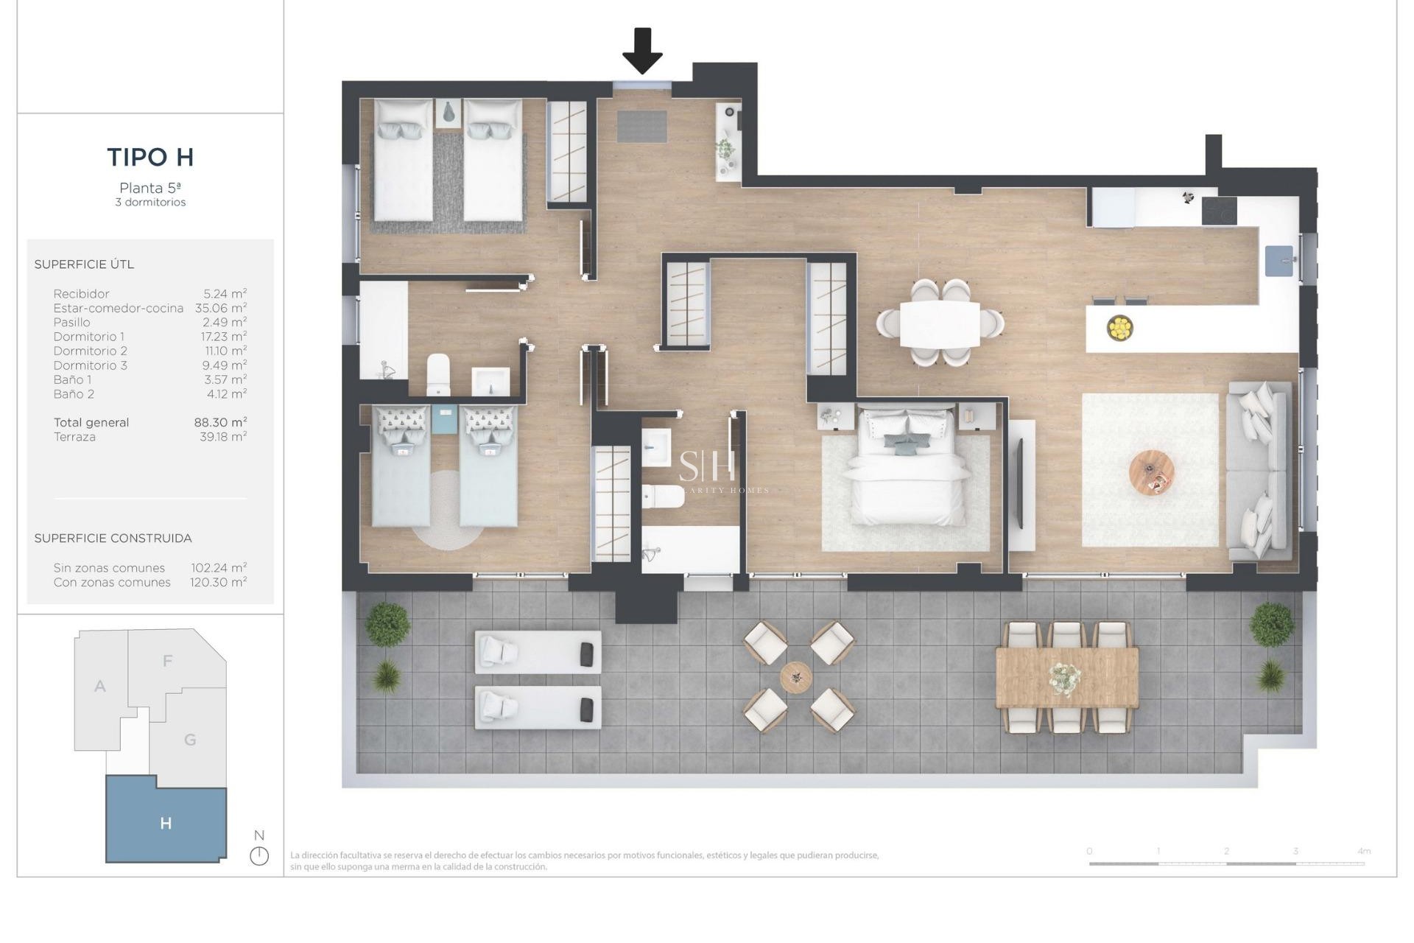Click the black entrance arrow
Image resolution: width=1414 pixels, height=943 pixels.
(642, 51)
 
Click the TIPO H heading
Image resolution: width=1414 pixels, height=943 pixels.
(150, 157)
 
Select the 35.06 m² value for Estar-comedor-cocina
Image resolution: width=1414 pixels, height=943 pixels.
(221, 308)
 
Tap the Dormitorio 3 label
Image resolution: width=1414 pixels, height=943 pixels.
(91, 365)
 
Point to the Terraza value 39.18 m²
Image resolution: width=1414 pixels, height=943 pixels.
(223, 437)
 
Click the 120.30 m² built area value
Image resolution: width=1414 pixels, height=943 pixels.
(219, 582)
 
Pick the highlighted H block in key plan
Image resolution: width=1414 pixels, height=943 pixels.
(166, 823)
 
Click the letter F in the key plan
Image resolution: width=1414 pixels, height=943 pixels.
(168, 661)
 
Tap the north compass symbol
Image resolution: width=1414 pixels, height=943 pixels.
(259, 855)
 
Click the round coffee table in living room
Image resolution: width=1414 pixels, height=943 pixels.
(1152, 473)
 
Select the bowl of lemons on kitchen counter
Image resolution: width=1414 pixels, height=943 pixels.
(1119, 327)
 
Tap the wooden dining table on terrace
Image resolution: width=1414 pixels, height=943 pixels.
(1066, 676)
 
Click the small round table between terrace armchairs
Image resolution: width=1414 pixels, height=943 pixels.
(796, 676)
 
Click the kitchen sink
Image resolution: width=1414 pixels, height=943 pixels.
(1279, 261)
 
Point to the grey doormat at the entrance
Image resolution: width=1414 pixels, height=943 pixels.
(641, 126)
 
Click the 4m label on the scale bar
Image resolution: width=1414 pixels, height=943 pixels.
(1364, 851)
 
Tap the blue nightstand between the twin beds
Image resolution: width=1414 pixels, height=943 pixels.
(445, 418)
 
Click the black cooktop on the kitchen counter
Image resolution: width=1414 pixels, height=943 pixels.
(1219, 211)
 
